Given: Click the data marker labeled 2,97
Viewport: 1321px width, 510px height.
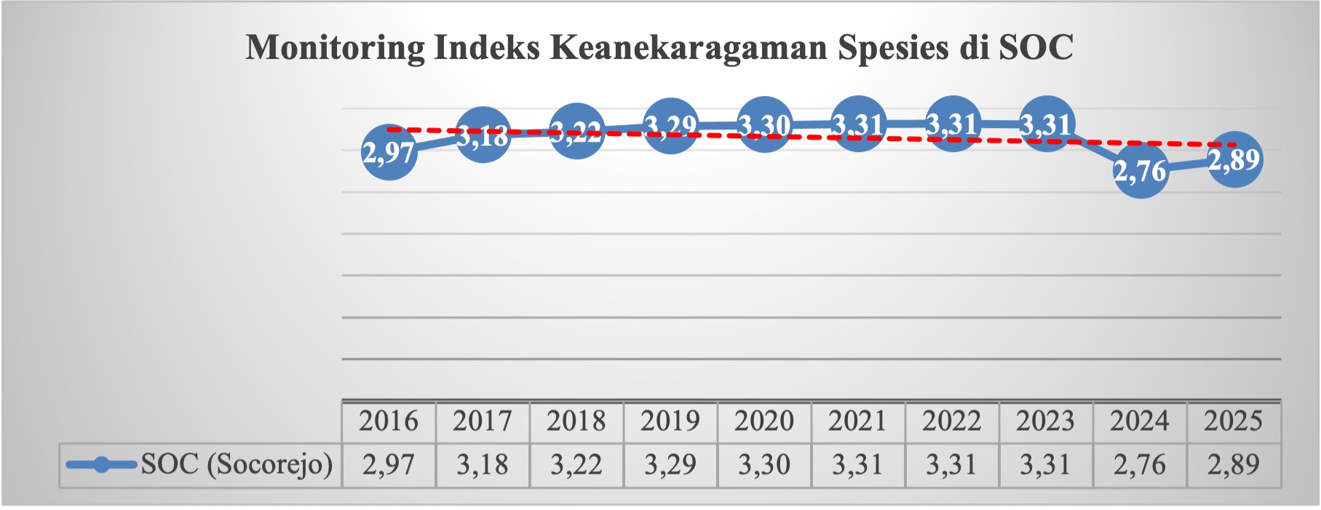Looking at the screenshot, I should click(389, 152).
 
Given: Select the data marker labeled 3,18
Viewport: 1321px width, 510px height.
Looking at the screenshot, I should click(483, 135).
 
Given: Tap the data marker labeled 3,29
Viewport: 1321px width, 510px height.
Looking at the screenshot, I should click(670, 126).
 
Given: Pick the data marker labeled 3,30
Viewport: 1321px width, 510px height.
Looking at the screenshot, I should click(764, 125).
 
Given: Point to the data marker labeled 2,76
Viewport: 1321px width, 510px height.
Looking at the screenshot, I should click(1140, 171).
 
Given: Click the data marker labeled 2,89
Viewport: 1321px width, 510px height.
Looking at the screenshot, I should click(1234, 159).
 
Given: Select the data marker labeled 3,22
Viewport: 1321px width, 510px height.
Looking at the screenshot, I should click(576, 132).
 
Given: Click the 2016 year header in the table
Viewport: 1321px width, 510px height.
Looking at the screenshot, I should click(389, 421).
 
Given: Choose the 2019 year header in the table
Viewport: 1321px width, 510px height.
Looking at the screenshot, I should click(670, 421).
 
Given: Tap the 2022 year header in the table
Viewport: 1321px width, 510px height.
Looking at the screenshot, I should click(951, 421).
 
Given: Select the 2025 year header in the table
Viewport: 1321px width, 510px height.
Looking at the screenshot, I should click(1233, 421).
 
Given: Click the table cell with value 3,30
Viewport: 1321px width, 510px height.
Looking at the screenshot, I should click(764, 464).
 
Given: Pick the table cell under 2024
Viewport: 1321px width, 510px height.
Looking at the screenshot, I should click(1140, 464).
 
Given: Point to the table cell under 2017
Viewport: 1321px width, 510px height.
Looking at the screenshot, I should click(483, 464).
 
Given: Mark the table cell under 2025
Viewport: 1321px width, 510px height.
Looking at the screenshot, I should click(1233, 464).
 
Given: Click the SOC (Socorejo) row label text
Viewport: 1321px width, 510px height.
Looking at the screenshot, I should click(237, 464).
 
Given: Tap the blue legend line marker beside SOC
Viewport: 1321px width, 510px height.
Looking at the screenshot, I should click(101, 464).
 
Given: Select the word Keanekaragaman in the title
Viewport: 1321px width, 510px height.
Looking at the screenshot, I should click(689, 48).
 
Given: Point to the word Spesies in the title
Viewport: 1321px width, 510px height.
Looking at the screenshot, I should click(893, 48).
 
